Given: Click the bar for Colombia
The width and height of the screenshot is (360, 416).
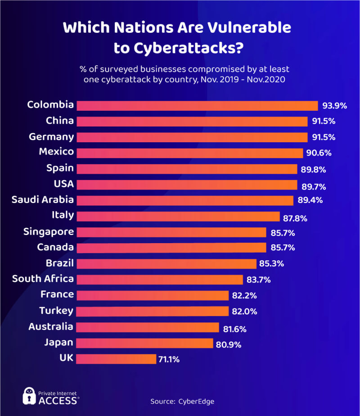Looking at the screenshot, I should tap(197, 105).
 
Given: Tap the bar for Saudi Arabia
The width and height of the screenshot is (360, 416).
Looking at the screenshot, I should tap(184, 200).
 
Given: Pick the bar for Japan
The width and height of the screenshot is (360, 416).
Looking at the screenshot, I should tap(144, 343).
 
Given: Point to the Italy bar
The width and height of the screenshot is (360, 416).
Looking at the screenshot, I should tap(178, 216).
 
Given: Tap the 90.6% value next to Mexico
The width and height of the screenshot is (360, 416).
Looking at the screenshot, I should tap(319, 153).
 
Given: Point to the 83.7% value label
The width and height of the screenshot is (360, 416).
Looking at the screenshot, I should tap(258, 280).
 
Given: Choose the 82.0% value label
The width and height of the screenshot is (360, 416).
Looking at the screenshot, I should tap(244, 312).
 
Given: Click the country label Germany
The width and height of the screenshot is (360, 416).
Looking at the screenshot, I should tap(51, 136).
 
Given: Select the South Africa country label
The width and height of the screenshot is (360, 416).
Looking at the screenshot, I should tap(43, 279).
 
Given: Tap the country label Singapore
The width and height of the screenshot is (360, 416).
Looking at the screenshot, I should tap(49, 232).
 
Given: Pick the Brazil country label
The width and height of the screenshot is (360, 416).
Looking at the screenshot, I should tap(59, 263).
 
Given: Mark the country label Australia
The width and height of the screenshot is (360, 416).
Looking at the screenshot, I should tap(51, 326).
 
